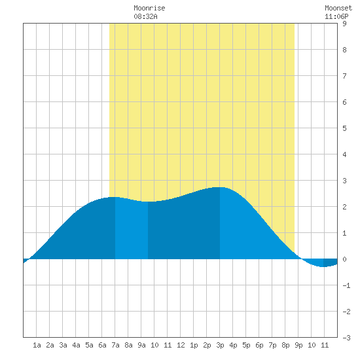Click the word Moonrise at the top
pos(149,8)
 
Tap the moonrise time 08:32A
pos(145,16)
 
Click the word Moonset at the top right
pos(338,8)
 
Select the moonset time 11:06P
pos(336,16)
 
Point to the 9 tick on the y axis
pos(344,24)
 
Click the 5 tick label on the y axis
pos(344,128)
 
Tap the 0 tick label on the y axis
pos(344,259)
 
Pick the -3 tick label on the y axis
pos(346,338)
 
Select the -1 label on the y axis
pos(346,285)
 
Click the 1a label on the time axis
pos(37,345)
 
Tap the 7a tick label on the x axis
pos(115,345)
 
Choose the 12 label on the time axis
pos(181,345)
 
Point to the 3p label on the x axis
pos(220,345)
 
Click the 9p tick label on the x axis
pos(298,345)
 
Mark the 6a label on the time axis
pos(102,345)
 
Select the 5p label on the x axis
pos(246,345)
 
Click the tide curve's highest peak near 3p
pos(220,187)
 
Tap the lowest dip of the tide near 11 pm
pos(323,266)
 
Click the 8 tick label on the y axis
pos(344,50)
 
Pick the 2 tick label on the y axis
pos(344,207)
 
